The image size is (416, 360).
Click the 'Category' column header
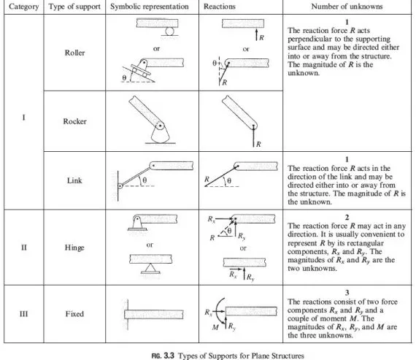[22, 7]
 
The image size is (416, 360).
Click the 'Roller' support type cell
[75, 53]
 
